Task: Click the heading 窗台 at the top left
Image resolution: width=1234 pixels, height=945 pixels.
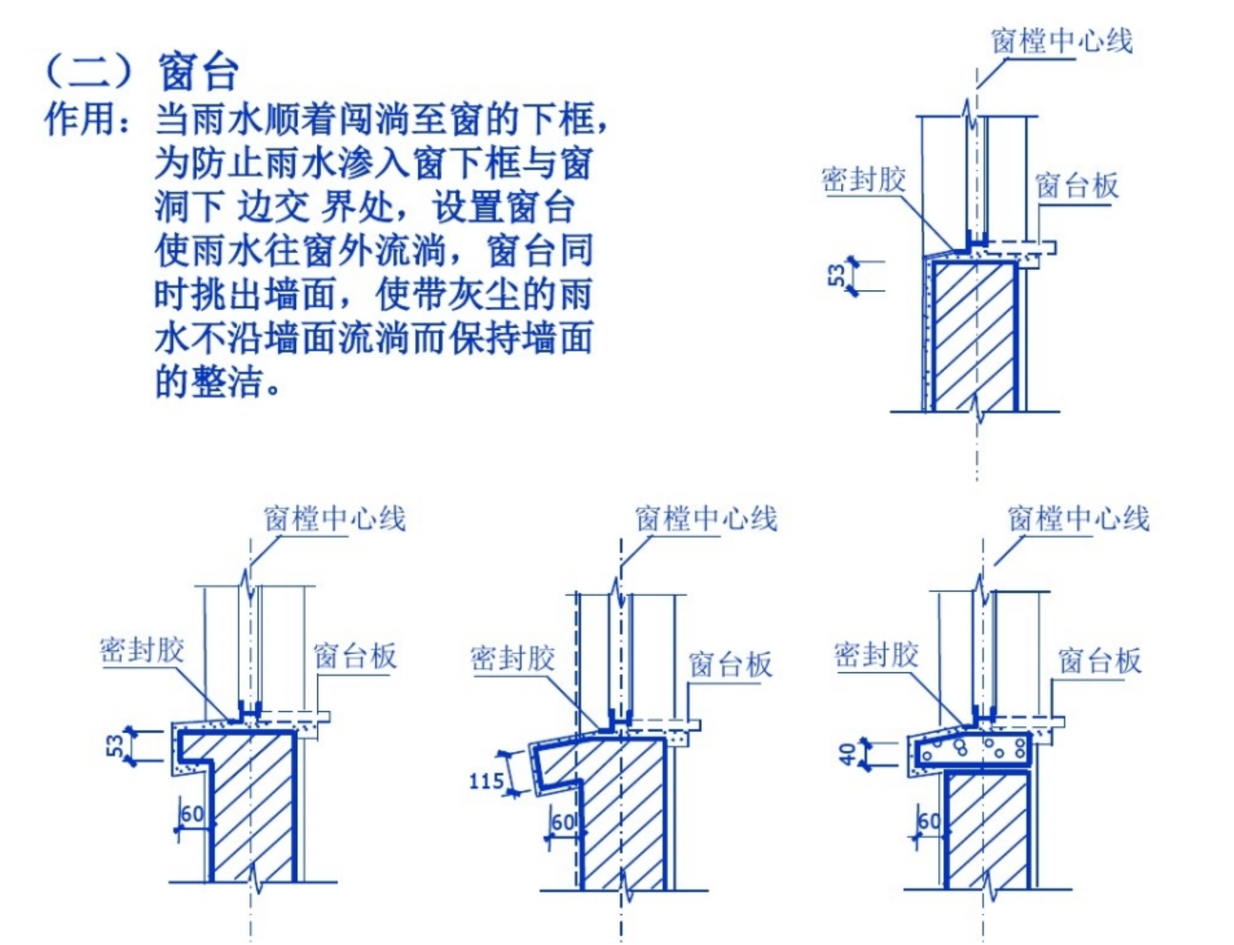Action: tap(199, 72)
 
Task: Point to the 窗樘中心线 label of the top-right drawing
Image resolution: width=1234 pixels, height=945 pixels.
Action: tap(1062, 42)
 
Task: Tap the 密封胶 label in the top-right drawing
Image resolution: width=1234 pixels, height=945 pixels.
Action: tap(864, 179)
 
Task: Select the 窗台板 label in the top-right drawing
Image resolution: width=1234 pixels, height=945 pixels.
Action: tap(1077, 186)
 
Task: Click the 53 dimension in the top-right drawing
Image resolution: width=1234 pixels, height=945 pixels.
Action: tap(837, 275)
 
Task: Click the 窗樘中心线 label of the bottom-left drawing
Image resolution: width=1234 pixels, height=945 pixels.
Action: tap(335, 518)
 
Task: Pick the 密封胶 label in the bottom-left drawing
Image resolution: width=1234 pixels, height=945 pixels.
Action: tap(142, 650)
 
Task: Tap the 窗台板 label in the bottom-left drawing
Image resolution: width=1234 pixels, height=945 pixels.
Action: tap(355, 656)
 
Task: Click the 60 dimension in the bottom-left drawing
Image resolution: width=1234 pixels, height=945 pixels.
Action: tap(192, 814)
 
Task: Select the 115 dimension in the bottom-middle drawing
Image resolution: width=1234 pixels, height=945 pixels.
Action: tap(487, 781)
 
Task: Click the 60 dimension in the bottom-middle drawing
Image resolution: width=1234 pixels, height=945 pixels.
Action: tap(563, 822)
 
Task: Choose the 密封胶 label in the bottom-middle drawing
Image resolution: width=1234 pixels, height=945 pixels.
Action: tap(513, 659)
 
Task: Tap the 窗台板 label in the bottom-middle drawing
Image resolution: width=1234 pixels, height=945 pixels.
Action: tap(730, 665)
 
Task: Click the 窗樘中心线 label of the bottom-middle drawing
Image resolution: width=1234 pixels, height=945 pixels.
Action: tap(706, 518)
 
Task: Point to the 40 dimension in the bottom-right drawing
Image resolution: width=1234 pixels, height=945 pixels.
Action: tap(848, 754)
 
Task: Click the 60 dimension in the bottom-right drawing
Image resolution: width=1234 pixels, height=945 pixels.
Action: tap(929, 821)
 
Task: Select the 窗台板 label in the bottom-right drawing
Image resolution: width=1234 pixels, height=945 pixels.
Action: tap(1100, 661)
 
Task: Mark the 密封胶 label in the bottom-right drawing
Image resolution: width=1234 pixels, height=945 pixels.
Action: tap(876, 654)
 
